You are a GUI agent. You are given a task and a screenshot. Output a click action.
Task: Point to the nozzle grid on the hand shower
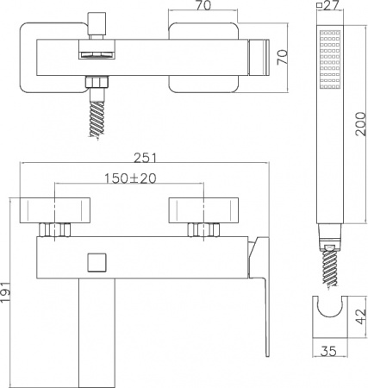[x=328, y=59]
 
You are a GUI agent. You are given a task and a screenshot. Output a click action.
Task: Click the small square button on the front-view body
[x=97, y=261]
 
